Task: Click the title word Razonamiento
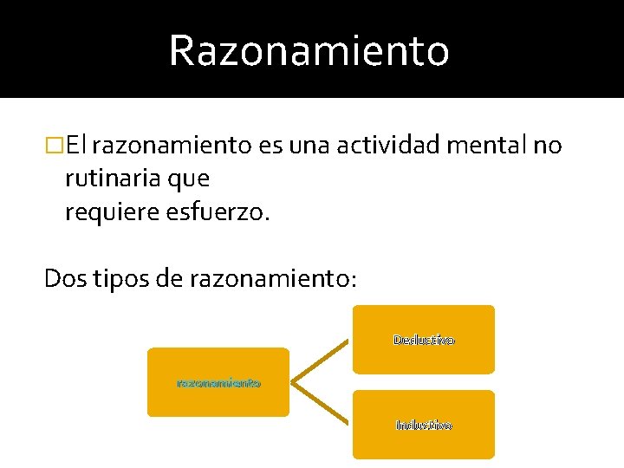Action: click(x=309, y=50)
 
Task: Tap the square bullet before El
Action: click(x=55, y=146)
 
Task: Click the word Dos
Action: click(x=65, y=278)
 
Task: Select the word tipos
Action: click(x=124, y=278)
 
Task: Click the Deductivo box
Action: click(x=424, y=339)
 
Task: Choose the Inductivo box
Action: click(x=424, y=425)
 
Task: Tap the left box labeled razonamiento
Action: click(x=218, y=382)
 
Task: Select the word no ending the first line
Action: click(x=548, y=146)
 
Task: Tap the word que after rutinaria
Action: click(x=191, y=179)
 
